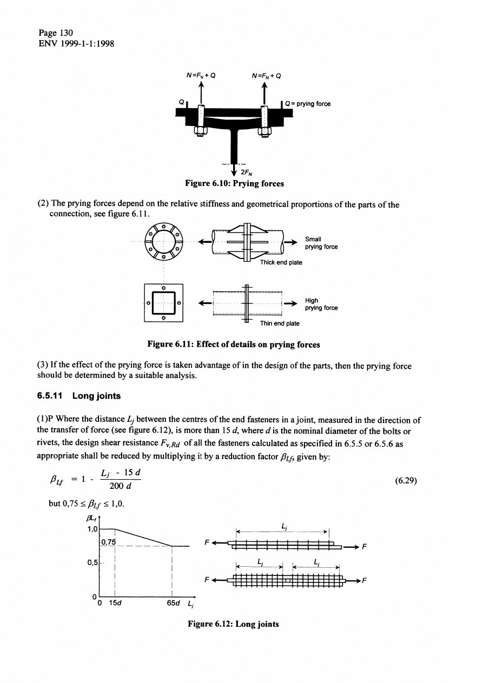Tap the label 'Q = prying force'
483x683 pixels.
point(308,104)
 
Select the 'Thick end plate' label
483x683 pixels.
point(281,262)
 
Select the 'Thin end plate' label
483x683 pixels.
point(280,323)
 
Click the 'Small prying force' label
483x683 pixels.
point(321,243)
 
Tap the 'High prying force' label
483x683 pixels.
point(321,304)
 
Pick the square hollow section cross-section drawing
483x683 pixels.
point(164,302)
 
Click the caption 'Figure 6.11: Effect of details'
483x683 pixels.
point(234,344)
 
